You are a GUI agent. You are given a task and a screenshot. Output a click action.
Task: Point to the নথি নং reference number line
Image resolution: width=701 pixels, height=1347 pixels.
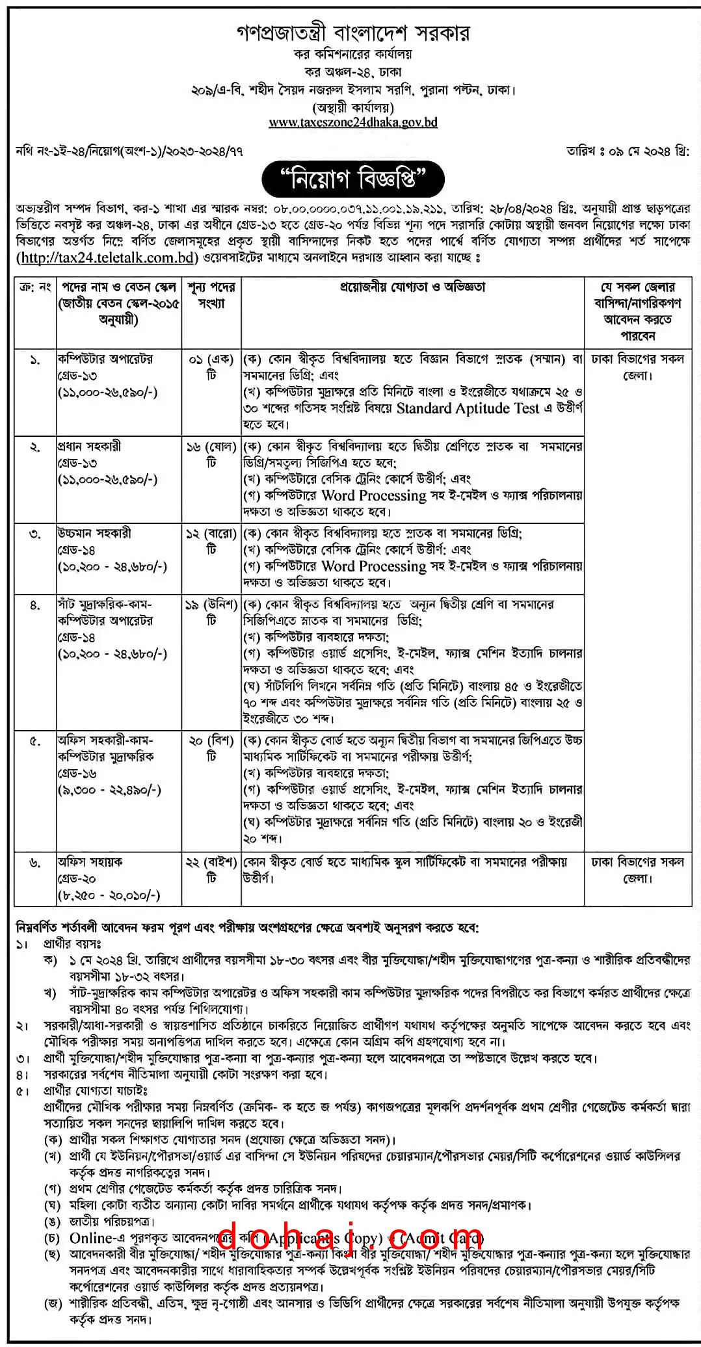(x=129, y=151)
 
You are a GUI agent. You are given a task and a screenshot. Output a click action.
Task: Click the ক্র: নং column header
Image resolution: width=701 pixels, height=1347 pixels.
(x=35, y=287)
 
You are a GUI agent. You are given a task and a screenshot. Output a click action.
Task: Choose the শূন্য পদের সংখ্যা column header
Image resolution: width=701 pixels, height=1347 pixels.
(x=211, y=294)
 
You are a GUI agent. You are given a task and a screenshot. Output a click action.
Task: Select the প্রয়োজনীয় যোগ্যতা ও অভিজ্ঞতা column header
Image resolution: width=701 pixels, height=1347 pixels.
(x=412, y=287)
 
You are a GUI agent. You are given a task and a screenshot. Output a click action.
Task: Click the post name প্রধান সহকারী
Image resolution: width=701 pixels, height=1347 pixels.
(x=88, y=446)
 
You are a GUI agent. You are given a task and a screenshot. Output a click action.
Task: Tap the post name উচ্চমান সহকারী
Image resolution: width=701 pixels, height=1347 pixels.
(x=94, y=533)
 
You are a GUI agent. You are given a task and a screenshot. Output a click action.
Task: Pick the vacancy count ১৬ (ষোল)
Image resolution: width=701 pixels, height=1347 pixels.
(x=211, y=447)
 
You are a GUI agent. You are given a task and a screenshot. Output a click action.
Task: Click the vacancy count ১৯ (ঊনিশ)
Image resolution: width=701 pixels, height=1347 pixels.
(x=211, y=605)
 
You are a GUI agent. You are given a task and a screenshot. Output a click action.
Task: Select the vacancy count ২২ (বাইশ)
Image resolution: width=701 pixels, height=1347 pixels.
(x=211, y=862)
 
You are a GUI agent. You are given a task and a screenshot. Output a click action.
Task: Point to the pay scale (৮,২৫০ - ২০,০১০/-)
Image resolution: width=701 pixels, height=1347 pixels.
(x=109, y=896)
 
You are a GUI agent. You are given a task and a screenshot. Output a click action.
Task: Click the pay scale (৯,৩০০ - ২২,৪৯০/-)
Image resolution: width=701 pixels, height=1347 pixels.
(x=109, y=791)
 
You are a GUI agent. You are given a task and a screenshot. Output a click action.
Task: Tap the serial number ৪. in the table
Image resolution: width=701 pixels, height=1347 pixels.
(x=35, y=605)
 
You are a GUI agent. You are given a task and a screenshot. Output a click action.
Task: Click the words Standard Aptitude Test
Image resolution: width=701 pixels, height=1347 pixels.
(x=468, y=409)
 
